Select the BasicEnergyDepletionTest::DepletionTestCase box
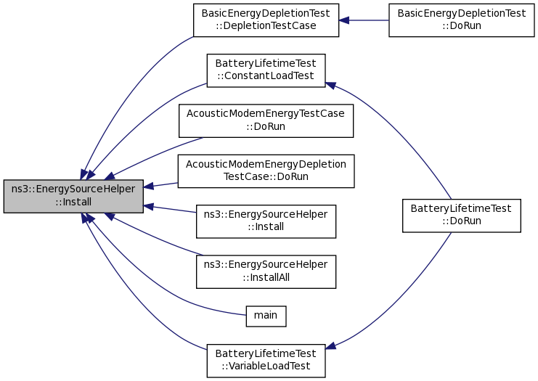coord(266,20)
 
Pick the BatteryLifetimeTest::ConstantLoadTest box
coord(266,70)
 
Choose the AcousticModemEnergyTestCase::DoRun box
coord(266,120)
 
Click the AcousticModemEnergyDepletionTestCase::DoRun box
coord(266,171)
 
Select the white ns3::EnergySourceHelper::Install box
coord(266,221)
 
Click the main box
coord(266,315)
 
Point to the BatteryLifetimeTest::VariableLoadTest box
coord(266,360)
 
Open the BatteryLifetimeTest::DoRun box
coord(461,215)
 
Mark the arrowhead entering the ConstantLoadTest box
coord(330,86)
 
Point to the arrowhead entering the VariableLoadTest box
coord(330,346)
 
